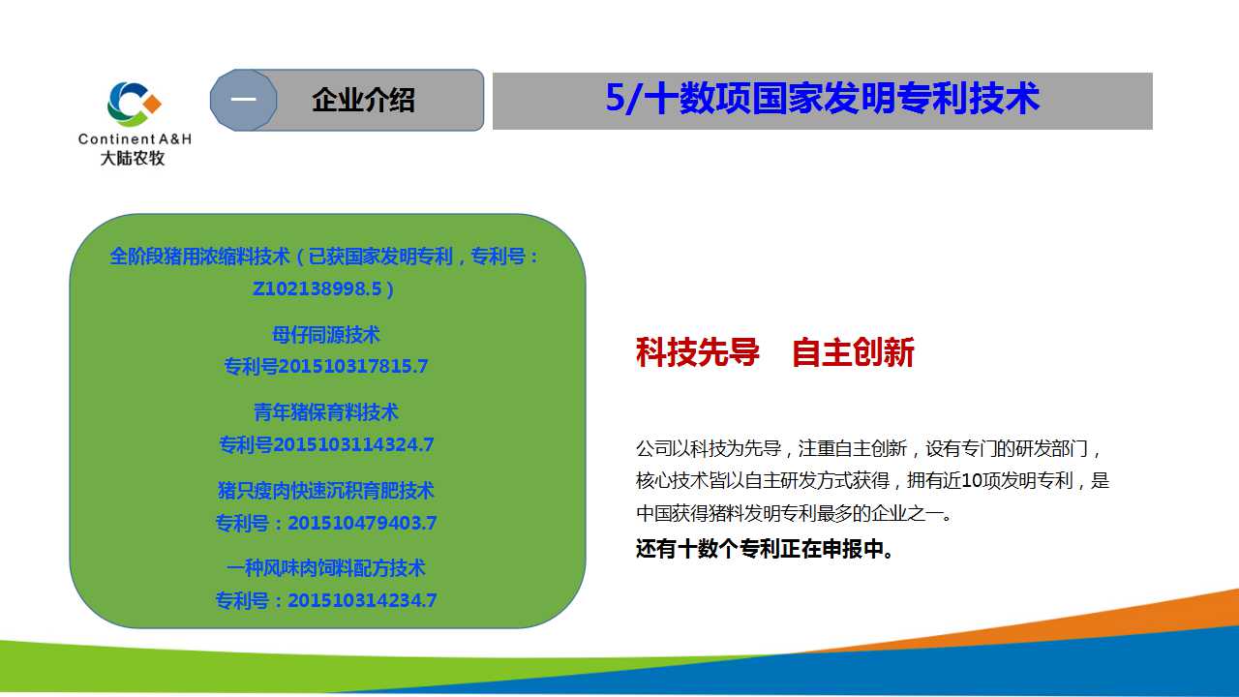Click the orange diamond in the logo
(x=152, y=104)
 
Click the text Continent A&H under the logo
(x=135, y=138)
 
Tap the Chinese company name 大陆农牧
(x=133, y=158)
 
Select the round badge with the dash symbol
(x=243, y=100)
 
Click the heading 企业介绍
(x=363, y=100)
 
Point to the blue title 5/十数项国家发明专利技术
(x=823, y=99)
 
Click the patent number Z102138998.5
(x=317, y=288)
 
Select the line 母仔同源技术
(x=326, y=335)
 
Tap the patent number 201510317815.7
(x=353, y=366)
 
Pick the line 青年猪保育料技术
(x=326, y=412)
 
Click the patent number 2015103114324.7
(x=353, y=444)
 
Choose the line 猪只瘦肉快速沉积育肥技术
(x=326, y=491)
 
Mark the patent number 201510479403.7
(x=362, y=523)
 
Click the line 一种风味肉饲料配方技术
(x=326, y=568)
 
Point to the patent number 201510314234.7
(x=362, y=600)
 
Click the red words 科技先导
(x=698, y=351)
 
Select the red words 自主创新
(x=853, y=351)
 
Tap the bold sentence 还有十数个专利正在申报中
(x=765, y=549)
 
